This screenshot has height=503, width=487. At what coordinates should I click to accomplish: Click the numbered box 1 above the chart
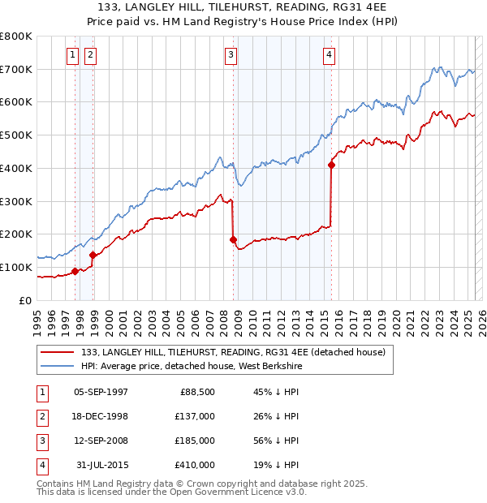click(x=72, y=55)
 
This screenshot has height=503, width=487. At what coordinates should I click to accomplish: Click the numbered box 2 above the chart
click(x=89, y=55)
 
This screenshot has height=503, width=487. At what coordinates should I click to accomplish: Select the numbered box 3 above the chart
click(x=231, y=55)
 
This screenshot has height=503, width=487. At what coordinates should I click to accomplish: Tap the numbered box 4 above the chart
click(x=329, y=55)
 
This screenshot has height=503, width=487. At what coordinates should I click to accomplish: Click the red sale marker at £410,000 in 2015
click(x=331, y=165)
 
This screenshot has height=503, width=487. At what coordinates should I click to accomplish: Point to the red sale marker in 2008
click(x=233, y=239)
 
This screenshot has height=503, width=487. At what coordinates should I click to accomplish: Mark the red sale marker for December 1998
click(x=93, y=255)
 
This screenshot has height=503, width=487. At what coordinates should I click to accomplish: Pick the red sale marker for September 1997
click(x=75, y=271)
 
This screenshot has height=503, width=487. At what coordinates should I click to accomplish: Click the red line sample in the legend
click(x=57, y=352)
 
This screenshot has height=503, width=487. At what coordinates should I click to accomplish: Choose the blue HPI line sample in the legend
click(x=57, y=365)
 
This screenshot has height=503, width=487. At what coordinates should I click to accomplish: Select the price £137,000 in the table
click(x=196, y=416)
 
